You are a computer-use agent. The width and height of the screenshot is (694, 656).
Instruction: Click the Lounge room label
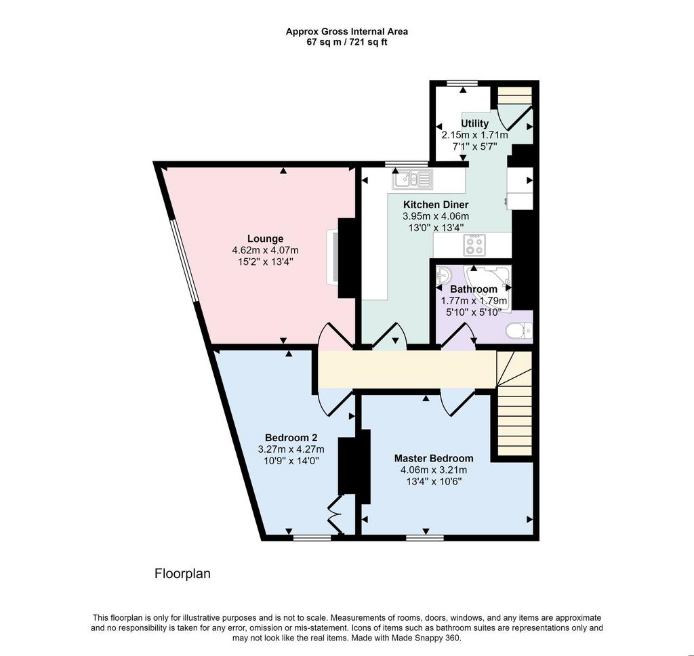click(x=265, y=239)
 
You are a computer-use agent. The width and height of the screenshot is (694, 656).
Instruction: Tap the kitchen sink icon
click(x=412, y=180)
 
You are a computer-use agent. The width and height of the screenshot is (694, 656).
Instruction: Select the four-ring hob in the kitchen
click(x=474, y=245)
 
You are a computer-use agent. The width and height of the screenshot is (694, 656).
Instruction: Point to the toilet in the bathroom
click(x=518, y=331)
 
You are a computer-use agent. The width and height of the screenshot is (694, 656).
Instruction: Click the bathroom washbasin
click(x=443, y=276)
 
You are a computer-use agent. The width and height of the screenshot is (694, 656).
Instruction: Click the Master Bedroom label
click(x=434, y=458)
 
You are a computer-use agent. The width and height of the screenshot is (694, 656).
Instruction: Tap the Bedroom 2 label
click(x=291, y=437)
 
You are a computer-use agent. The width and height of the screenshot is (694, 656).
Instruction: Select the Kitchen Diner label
click(x=436, y=205)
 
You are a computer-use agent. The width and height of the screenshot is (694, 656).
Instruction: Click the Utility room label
click(x=475, y=123)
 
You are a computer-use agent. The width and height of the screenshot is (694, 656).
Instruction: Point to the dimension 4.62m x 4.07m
click(x=265, y=251)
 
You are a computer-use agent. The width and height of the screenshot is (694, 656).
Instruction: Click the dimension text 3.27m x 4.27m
click(x=291, y=449)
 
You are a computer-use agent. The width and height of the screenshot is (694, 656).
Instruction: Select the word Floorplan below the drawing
click(x=182, y=574)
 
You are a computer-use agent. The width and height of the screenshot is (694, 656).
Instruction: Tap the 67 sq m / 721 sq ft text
click(x=347, y=43)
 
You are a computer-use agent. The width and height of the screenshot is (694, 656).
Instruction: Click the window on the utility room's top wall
click(x=462, y=83)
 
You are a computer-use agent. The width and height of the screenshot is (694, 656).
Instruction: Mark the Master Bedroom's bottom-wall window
click(x=425, y=538)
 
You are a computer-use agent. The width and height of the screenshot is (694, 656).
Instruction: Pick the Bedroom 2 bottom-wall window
click(x=312, y=538)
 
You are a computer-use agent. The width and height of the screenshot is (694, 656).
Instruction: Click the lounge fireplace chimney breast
click(x=346, y=258)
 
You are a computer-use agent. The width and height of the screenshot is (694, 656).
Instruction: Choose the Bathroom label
click(x=474, y=289)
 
